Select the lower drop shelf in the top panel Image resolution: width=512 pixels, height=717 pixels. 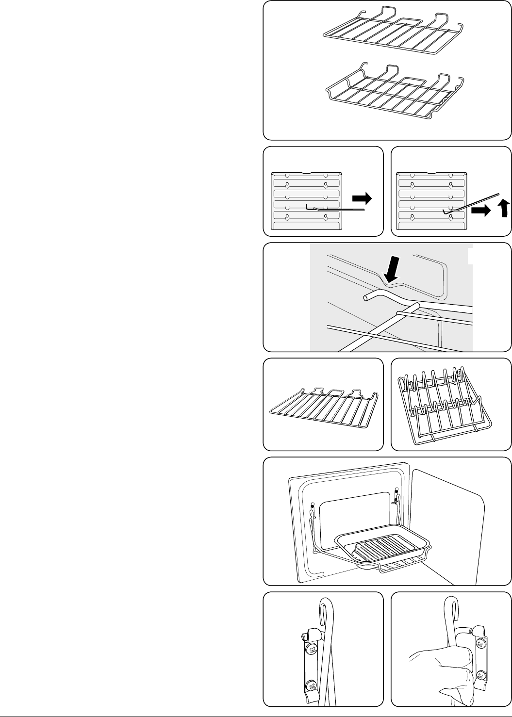388,95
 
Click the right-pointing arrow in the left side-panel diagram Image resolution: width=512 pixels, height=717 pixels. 362,198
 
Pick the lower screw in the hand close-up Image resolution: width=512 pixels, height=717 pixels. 480,675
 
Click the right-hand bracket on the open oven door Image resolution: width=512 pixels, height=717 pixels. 396,497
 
